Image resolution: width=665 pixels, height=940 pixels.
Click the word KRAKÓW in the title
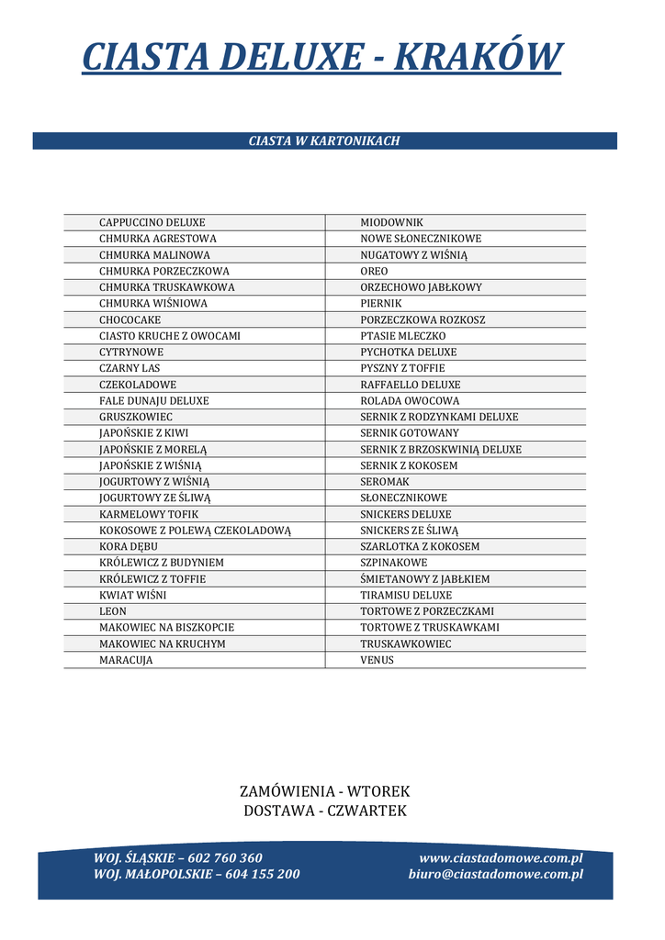click(477, 57)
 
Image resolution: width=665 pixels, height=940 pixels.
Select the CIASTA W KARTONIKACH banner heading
click(324, 141)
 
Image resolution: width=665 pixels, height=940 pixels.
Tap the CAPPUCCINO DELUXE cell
click(152, 222)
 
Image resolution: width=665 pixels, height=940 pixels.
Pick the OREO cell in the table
click(374, 271)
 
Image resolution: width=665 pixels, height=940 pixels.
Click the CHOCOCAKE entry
click(130, 319)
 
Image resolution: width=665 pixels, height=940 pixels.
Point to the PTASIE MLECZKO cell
click(402, 336)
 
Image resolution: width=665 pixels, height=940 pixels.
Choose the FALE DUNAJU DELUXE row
click(154, 401)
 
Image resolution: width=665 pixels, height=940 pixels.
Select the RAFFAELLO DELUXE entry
click(410, 385)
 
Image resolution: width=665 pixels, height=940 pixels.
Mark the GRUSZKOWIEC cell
click(136, 417)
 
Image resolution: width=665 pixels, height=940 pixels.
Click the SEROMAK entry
click(385, 482)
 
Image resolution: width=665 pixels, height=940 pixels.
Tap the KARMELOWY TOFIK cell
click(149, 514)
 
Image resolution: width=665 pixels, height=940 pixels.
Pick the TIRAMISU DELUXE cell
click(406, 595)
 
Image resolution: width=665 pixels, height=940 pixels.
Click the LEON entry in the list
click(113, 611)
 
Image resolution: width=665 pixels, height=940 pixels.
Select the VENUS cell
click(377, 660)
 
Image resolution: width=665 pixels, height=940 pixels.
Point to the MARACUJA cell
click(126, 660)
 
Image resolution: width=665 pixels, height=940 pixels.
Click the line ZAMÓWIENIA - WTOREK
click(324, 791)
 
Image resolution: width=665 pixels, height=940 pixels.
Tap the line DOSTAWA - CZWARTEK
click(324, 811)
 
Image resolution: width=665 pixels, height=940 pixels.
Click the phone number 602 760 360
click(225, 858)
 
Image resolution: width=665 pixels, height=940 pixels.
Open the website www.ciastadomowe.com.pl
click(501, 858)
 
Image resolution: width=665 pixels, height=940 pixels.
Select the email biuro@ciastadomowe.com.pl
click(495, 875)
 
